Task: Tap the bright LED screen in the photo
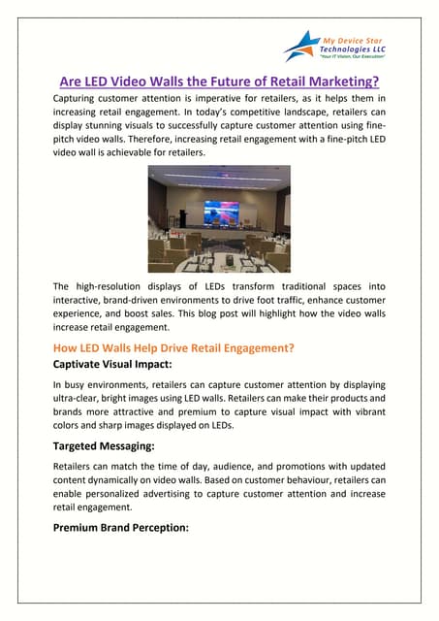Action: click(x=222, y=212)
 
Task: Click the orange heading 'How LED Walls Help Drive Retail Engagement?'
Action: click(x=172, y=347)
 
